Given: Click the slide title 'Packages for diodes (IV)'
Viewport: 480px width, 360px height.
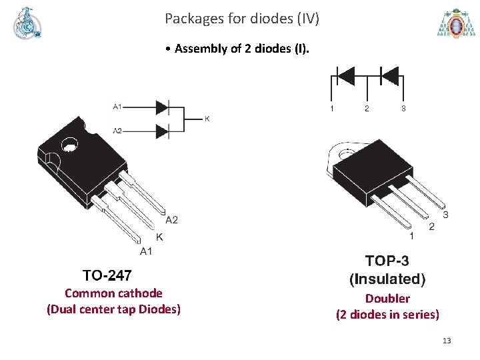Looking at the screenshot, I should tap(242, 19).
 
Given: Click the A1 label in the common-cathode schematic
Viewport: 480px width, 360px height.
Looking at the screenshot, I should tap(117, 106).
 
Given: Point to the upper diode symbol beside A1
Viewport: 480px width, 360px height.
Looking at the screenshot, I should tap(162, 107).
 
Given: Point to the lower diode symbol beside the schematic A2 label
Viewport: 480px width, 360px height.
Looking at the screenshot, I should tap(162, 130).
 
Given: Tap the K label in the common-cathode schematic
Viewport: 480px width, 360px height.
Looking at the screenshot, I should tap(207, 119).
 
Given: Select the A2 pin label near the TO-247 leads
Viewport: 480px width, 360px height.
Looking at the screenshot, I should tap(171, 220).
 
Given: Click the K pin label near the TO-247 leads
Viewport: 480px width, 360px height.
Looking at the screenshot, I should tap(159, 237).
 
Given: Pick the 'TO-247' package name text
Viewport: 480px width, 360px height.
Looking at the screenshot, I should tap(107, 275).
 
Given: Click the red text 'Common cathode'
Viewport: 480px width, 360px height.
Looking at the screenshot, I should tap(113, 293).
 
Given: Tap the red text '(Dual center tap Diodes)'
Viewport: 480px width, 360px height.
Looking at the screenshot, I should tap(113, 309).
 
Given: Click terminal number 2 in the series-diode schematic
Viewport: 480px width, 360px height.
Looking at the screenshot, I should tap(366, 108).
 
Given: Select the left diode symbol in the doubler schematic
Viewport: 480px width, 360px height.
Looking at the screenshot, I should tap(347, 76).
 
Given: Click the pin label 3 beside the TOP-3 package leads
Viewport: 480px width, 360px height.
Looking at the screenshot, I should tap(445, 215).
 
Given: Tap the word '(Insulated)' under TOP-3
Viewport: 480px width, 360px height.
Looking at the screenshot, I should tap(387, 279).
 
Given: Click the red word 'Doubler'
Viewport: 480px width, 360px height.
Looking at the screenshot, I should tap(387, 299).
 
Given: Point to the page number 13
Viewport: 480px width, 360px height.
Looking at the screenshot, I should tap(447, 341).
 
